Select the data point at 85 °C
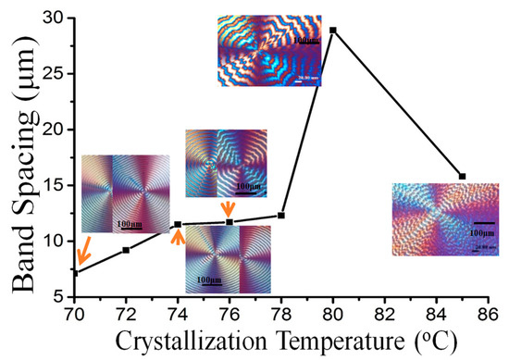click(x=462, y=176)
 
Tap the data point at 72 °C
click(x=126, y=250)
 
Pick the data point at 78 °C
click(x=281, y=215)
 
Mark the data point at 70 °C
click(x=75, y=272)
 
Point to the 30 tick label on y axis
click(x=52, y=19)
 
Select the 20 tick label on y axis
click(x=52, y=130)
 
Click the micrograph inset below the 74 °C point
click(x=216, y=259)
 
